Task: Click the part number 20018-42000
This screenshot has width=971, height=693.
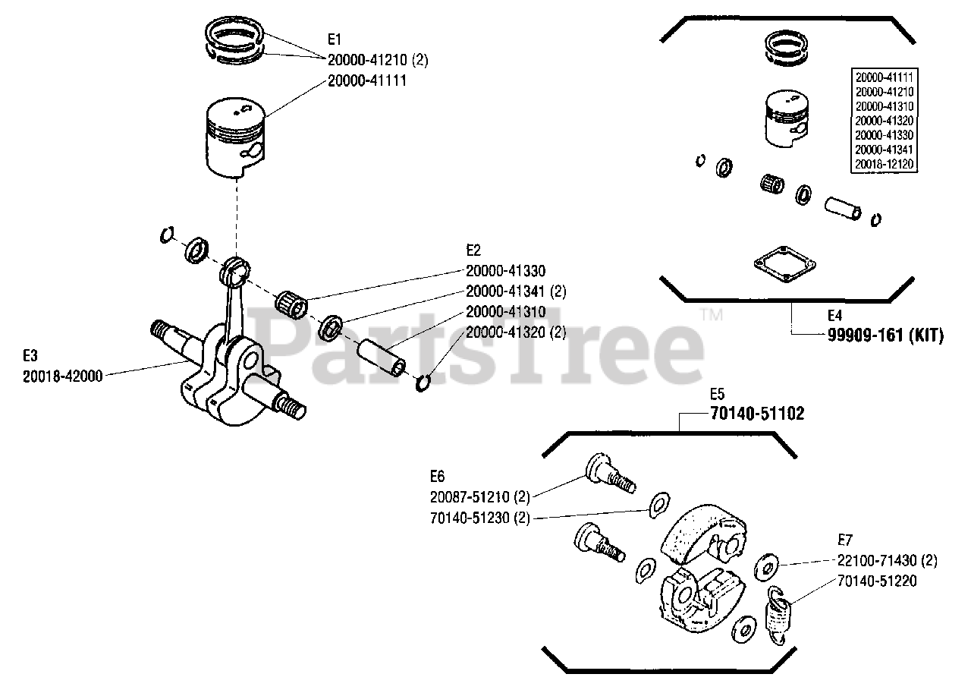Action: [x=63, y=374]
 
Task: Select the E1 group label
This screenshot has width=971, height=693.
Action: [x=335, y=39]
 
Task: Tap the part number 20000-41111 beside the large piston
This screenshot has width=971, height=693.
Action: [x=367, y=80]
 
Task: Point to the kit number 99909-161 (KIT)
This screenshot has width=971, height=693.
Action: [x=885, y=335]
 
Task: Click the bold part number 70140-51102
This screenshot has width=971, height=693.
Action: [x=757, y=414]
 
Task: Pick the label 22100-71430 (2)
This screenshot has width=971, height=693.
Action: [x=887, y=561]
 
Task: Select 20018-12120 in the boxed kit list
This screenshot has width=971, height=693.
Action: [x=884, y=163]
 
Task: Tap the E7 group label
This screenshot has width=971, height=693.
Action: [x=845, y=540]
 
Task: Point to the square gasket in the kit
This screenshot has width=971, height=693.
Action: [x=784, y=266]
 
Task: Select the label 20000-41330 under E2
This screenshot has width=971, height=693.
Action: [x=505, y=270]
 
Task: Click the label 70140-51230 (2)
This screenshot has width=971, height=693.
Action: [x=479, y=518]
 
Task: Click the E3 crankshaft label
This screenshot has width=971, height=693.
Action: [x=30, y=354]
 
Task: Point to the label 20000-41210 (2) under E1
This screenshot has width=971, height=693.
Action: [x=378, y=59]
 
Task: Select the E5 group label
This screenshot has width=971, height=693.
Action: [x=718, y=394]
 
